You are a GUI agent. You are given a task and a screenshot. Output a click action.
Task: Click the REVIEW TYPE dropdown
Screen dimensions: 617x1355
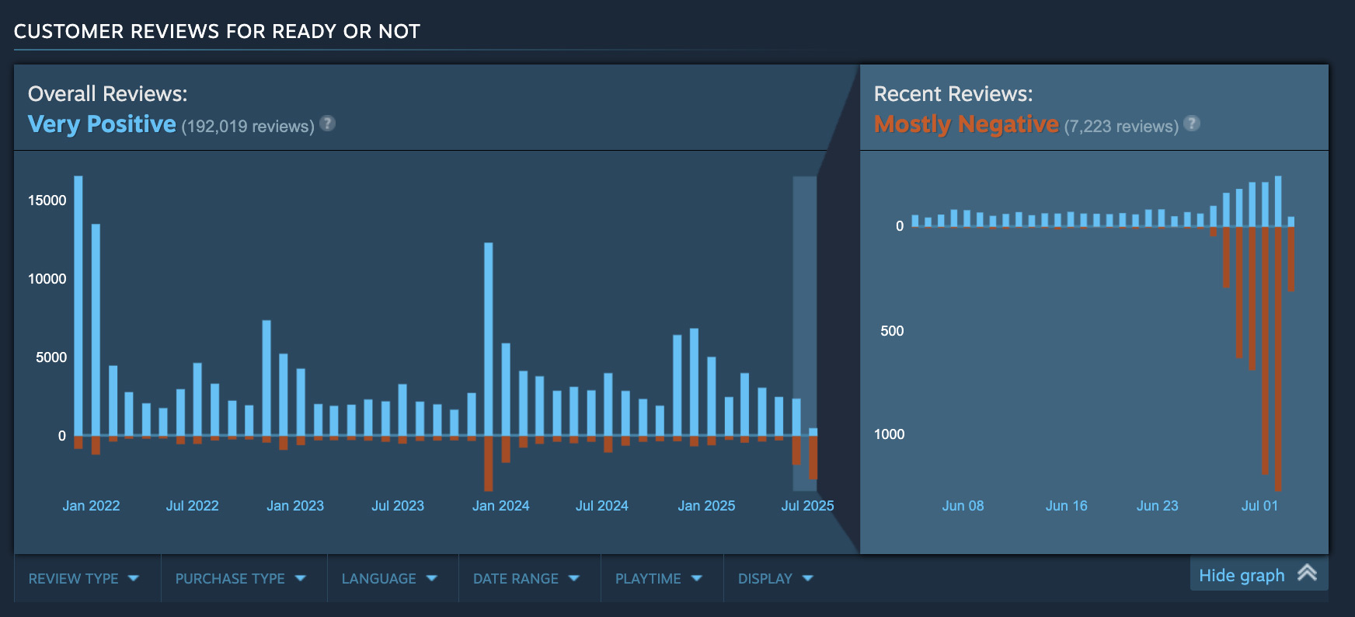(83, 578)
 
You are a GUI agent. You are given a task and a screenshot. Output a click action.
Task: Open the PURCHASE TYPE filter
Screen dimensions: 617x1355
(240, 578)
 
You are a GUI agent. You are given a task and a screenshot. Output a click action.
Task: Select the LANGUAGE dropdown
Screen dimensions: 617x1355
(389, 578)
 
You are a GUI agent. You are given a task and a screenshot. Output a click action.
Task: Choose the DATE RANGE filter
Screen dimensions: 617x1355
(526, 578)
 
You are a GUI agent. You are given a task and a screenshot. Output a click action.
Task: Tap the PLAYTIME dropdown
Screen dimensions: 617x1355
(658, 578)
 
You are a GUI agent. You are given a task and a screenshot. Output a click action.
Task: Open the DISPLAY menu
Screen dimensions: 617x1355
(775, 578)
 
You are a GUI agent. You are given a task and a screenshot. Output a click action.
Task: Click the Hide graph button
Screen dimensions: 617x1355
(1257, 575)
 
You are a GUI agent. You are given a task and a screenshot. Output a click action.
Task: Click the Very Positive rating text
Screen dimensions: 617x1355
(102, 124)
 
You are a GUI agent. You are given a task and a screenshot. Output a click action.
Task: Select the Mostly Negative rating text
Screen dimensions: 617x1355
(966, 124)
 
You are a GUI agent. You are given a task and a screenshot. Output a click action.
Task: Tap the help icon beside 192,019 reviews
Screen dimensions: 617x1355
(328, 123)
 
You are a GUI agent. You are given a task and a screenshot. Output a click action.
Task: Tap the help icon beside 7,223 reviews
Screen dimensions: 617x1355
(1192, 123)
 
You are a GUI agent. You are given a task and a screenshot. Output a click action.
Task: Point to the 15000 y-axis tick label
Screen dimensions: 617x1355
(47, 200)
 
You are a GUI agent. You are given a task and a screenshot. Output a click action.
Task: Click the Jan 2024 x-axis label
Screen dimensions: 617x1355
(500, 506)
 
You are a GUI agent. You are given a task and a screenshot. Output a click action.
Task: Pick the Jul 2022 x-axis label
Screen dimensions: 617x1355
(192, 506)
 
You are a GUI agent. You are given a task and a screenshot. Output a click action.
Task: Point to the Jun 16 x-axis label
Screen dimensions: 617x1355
(1066, 506)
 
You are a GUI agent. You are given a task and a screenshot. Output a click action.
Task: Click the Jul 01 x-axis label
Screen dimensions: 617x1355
(1259, 506)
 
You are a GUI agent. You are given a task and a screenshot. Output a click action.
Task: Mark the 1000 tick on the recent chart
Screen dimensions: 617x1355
(889, 434)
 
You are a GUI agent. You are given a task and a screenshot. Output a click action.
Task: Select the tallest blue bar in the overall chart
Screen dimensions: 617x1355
(78, 303)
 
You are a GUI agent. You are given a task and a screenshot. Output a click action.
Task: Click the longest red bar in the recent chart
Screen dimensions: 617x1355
(1278, 357)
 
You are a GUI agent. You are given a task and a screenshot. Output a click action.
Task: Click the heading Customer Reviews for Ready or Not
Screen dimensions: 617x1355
(217, 31)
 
